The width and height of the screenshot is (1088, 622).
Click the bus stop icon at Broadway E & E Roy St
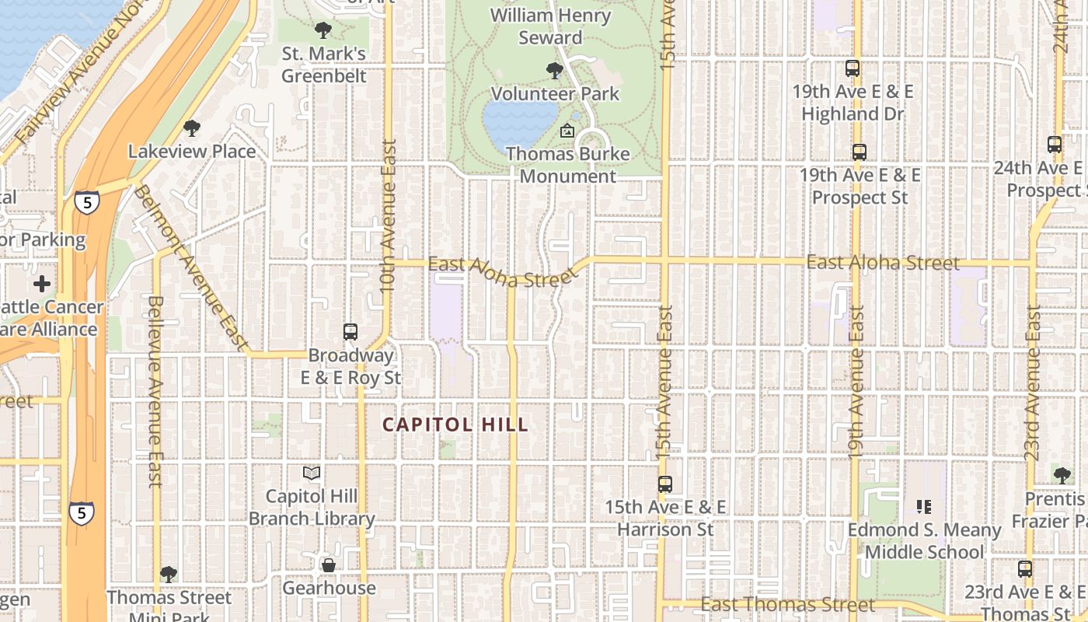pyautogui.click(x=350, y=332)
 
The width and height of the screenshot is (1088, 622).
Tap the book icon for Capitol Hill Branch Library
pyautogui.click(x=312, y=473)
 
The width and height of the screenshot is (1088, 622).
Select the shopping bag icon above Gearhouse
pyautogui.click(x=329, y=565)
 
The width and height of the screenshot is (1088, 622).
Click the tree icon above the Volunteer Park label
pyautogui.click(x=555, y=71)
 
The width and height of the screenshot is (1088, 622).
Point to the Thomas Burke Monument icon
pyautogui.click(x=567, y=131)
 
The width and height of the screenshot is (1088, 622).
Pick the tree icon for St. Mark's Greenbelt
pyautogui.click(x=323, y=31)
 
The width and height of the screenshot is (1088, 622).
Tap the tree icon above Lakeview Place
pyautogui.click(x=192, y=128)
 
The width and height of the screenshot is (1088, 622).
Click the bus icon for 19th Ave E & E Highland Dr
pyautogui.click(x=853, y=68)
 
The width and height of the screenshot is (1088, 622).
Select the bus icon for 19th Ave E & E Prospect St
pyautogui.click(x=860, y=152)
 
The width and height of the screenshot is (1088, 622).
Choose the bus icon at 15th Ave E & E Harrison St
pyautogui.click(x=665, y=484)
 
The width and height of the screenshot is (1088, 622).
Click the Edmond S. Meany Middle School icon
pyautogui.click(x=924, y=507)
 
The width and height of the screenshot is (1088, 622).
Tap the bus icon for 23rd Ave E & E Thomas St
pyautogui.click(x=1025, y=569)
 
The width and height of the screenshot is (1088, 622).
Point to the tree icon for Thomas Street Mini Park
pyautogui.click(x=169, y=575)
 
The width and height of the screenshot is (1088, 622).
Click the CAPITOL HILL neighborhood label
pyautogui.click(x=456, y=425)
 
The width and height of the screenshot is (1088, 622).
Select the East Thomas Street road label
pyautogui.click(x=788, y=604)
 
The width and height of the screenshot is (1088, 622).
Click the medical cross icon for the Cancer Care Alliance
pyautogui.click(x=42, y=284)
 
